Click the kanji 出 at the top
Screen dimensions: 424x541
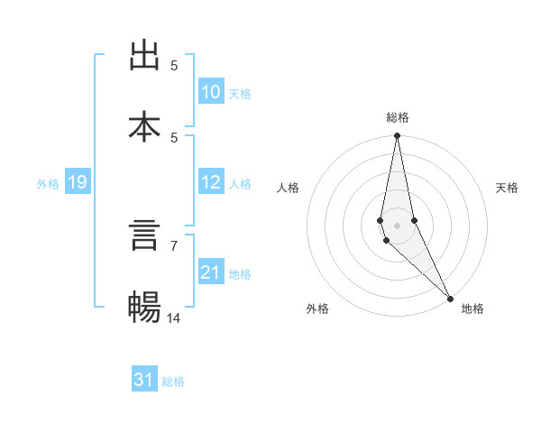[x=145, y=56]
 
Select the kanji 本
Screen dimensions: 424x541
[x=145, y=126]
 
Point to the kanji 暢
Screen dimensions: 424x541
[x=145, y=307]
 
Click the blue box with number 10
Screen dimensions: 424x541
[x=210, y=92]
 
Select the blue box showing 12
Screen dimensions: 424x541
[x=210, y=182]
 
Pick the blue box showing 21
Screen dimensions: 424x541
[x=210, y=272]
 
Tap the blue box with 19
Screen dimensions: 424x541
[x=78, y=183]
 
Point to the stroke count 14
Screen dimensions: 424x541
[x=174, y=318]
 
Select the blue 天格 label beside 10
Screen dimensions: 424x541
[x=240, y=94]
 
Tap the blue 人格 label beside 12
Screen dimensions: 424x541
[x=240, y=184]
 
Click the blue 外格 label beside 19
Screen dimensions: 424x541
[x=48, y=184]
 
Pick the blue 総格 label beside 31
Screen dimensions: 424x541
[x=173, y=382]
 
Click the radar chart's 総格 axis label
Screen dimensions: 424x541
[x=398, y=117]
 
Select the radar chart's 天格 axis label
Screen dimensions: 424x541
[x=507, y=188]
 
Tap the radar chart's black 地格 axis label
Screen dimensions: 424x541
[x=472, y=309]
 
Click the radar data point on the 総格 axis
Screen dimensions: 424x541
[x=397, y=136]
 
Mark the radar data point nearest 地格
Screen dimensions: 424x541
[x=450, y=298]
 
